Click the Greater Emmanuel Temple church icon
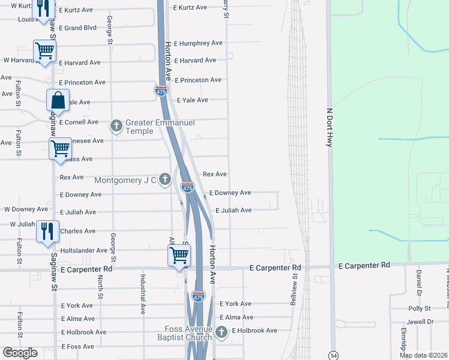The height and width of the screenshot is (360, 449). tap(116, 126)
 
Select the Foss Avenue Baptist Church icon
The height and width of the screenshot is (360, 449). tap(221, 331)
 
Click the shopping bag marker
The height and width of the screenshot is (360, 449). tap(58, 100)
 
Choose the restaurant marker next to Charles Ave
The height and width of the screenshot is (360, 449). tap(47, 231)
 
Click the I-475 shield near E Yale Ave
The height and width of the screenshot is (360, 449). tap(161, 91)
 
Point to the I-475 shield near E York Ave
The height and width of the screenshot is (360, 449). tap(199, 296)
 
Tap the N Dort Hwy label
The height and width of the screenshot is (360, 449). tap(329, 128)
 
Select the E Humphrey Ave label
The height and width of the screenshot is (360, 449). tap(198, 43)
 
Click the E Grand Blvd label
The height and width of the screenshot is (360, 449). tap(78, 28)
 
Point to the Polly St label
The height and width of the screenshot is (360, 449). tap(420, 308)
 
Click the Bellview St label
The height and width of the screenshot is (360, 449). tap(294, 288)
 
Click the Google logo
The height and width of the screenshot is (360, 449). tap(20, 353)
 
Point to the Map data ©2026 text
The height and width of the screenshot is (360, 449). tap(423, 356)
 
